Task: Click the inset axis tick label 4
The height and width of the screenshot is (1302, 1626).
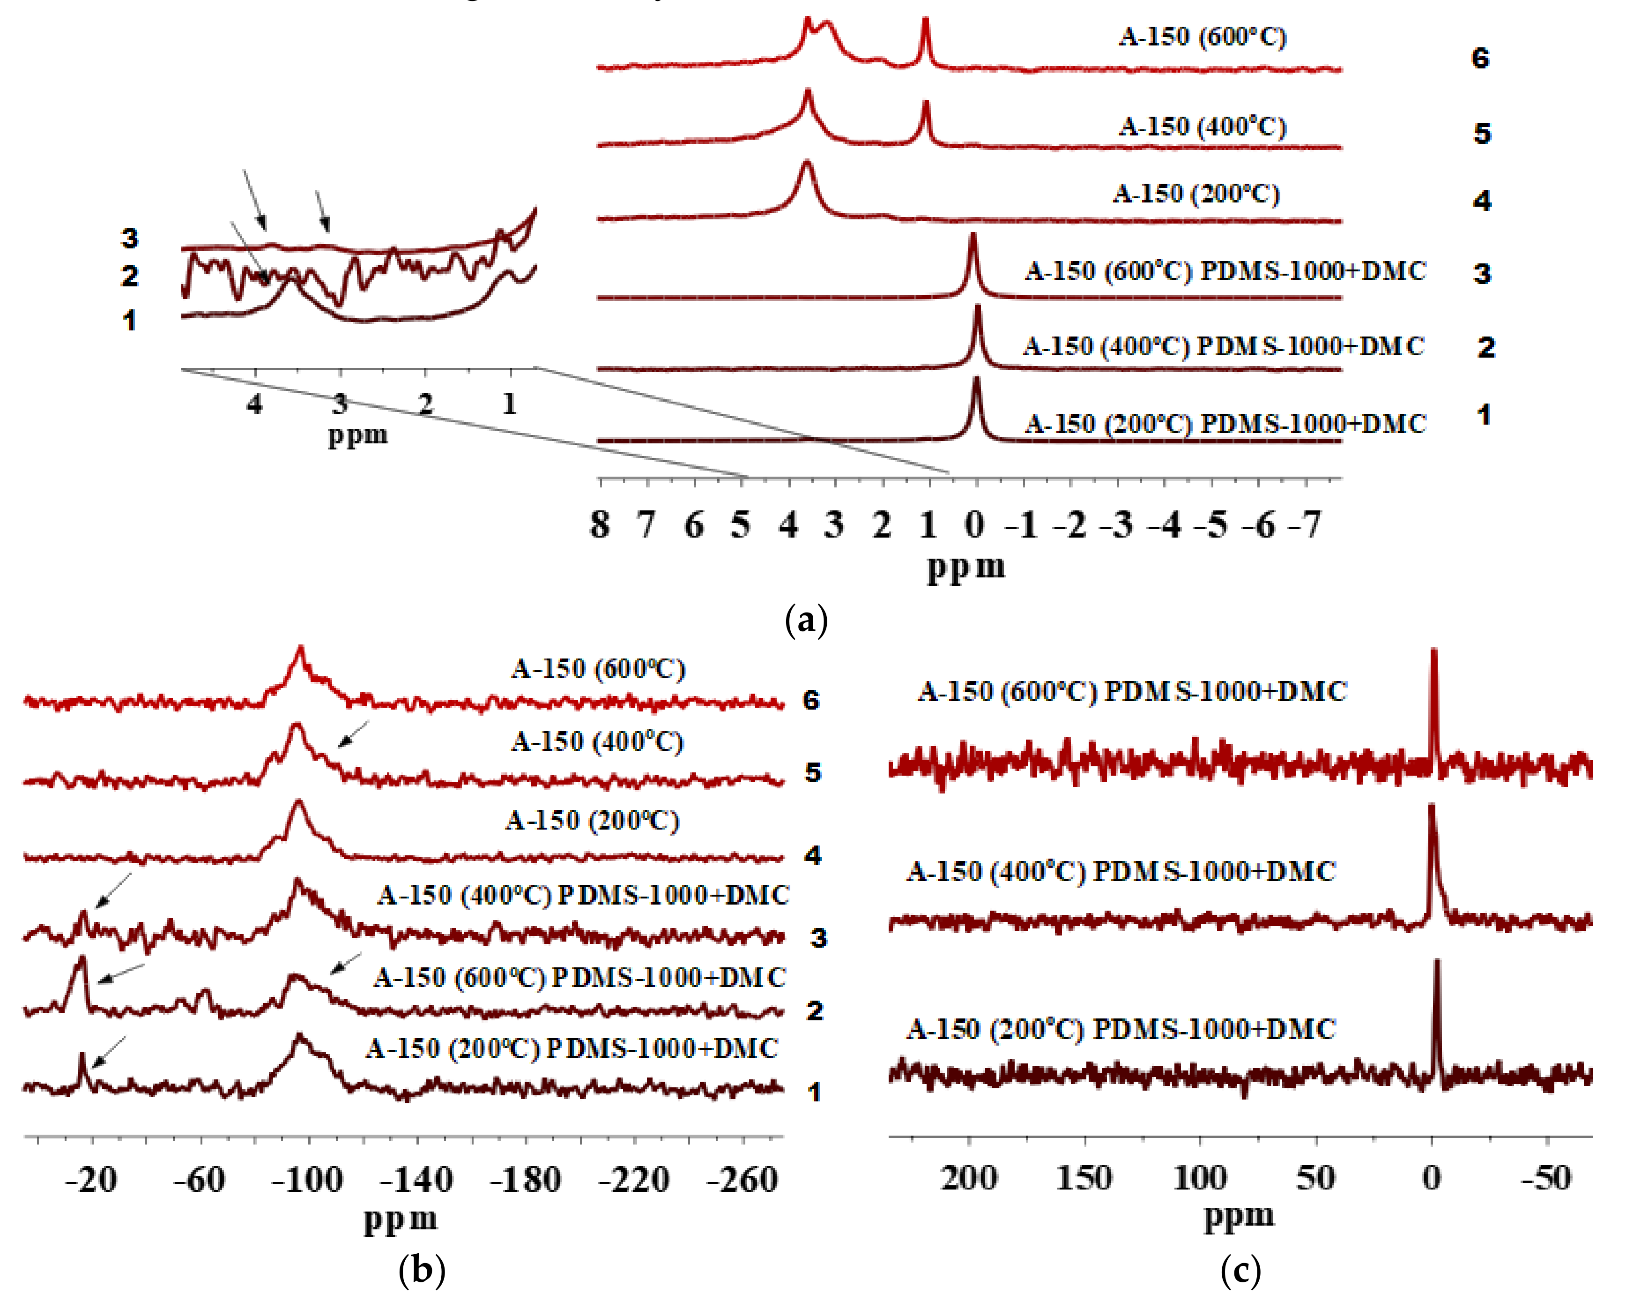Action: (255, 404)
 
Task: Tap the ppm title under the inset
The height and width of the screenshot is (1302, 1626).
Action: (357, 435)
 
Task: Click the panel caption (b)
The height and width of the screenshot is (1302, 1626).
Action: (422, 1270)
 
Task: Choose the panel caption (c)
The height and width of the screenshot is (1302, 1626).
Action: (1240, 1270)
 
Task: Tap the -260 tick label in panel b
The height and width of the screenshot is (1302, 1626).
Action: (742, 1180)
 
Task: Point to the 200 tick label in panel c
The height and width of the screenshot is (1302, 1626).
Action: (969, 1177)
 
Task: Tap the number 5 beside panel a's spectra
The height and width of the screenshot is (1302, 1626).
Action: (1482, 134)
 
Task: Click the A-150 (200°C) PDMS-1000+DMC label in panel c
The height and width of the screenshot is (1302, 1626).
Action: (1121, 1029)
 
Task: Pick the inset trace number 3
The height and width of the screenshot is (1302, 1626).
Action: (130, 239)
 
